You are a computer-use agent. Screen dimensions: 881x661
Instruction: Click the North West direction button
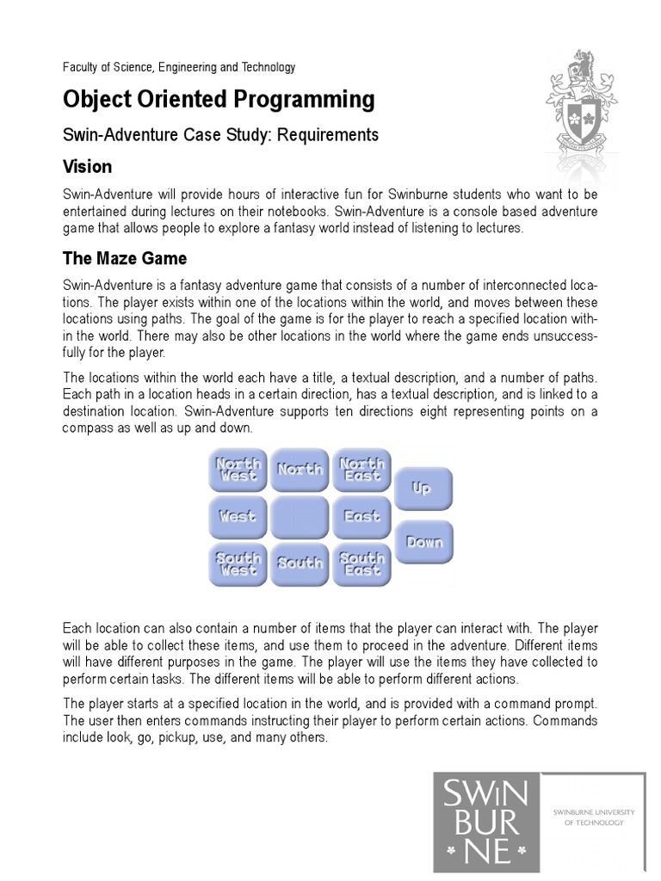point(238,470)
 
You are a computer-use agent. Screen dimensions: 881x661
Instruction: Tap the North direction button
point(300,470)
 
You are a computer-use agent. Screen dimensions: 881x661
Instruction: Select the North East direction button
point(361,470)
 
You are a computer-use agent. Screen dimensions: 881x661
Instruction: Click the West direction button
point(238,517)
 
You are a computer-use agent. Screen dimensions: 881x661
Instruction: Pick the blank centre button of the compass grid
point(300,517)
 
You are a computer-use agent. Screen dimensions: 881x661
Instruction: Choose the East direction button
point(361,517)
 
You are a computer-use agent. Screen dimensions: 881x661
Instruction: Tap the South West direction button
point(238,564)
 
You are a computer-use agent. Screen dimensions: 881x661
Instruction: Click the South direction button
point(300,564)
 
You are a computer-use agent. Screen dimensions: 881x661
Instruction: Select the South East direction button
point(361,564)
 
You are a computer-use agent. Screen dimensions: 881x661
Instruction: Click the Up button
point(423,489)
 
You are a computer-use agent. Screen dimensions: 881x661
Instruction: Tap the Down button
point(423,542)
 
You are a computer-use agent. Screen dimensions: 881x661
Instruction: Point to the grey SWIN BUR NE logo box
point(486,823)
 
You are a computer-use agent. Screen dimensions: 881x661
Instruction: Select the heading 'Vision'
point(88,165)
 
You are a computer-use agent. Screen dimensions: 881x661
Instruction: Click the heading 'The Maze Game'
point(125,259)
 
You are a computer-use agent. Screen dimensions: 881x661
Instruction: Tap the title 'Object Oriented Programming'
point(219,101)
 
